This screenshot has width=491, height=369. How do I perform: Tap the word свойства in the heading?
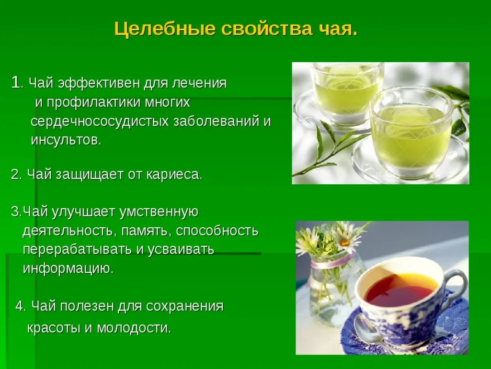click(267, 29)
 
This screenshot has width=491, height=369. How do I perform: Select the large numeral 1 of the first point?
click(15, 82)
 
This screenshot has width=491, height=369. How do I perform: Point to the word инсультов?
click(66, 140)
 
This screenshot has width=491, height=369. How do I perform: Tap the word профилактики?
click(93, 102)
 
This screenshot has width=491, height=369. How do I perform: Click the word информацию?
click(68, 268)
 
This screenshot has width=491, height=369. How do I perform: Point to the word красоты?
click(54, 328)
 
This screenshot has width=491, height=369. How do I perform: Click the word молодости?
click(134, 328)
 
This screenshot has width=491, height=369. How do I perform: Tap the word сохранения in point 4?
click(185, 306)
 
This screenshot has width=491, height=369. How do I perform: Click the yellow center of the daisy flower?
click(345, 242)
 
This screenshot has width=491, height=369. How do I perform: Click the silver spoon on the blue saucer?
click(369, 332)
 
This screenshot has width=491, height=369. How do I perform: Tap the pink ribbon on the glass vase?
click(332, 262)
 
